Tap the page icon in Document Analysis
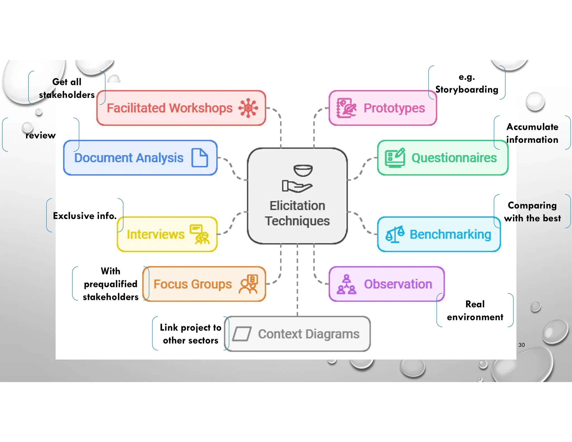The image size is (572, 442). click(x=199, y=158)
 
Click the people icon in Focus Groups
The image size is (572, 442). click(x=249, y=284)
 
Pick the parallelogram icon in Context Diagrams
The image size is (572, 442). click(x=242, y=334)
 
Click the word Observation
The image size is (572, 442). click(x=398, y=284)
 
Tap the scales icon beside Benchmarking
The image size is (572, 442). click(x=395, y=234)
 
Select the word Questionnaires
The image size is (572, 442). click(x=454, y=158)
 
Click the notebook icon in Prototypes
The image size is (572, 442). click(x=346, y=108)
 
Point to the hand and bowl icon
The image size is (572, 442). click(x=297, y=179)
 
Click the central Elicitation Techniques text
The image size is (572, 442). click(x=297, y=213)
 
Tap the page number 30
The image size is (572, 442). click(x=521, y=345)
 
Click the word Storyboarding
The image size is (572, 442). click(x=467, y=89)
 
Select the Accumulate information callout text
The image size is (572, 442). click(x=532, y=133)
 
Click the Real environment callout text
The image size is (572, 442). click(x=475, y=310)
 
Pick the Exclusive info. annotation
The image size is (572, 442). click(x=85, y=216)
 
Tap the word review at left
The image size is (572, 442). click(x=41, y=136)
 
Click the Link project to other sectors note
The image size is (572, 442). click(x=190, y=334)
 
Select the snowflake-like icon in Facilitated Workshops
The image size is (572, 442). click(x=248, y=108)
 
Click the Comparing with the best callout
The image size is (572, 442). click(x=532, y=212)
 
